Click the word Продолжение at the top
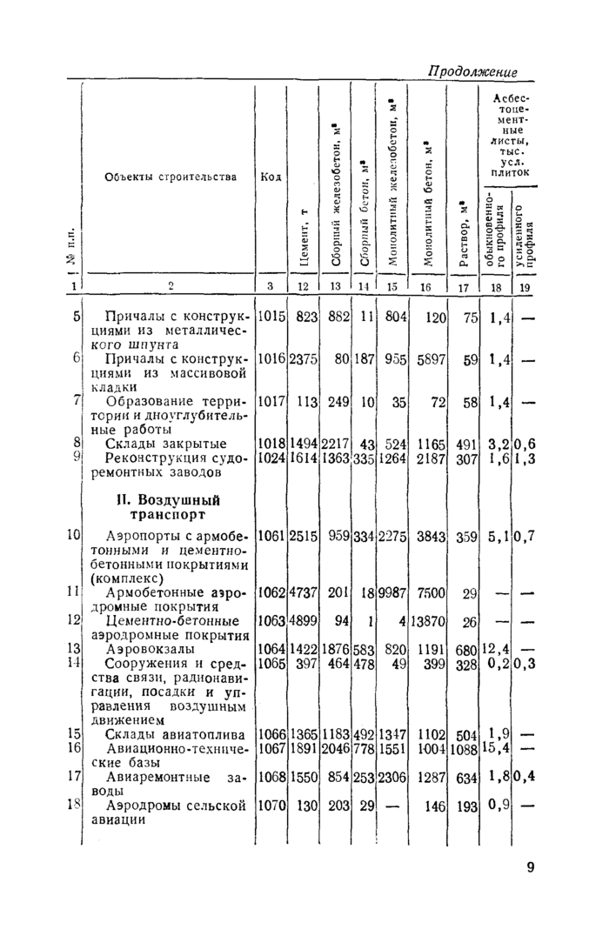click(472, 71)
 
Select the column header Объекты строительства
click(171, 177)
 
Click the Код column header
click(271, 177)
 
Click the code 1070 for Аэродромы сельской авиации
click(271, 806)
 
